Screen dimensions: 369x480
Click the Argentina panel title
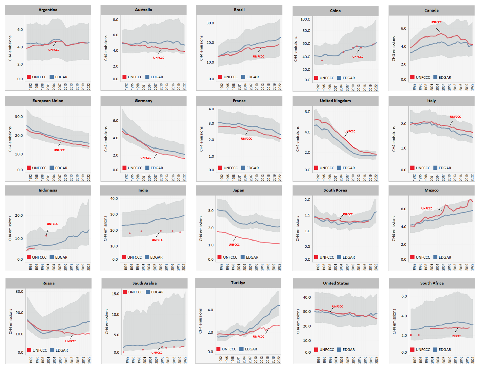(48, 10)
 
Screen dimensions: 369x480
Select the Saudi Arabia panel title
(144, 283)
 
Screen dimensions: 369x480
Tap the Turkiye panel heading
(238, 283)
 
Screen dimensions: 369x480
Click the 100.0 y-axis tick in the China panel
(305, 19)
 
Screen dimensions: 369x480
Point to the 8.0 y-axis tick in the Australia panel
(115, 20)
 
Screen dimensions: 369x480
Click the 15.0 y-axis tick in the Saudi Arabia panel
(115, 294)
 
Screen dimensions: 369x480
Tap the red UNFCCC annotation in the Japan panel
(234, 245)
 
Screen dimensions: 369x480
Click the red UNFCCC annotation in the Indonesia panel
(52, 224)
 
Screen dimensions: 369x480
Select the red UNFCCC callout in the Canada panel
(436, 22)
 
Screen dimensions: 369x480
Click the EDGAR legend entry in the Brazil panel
(250, 77)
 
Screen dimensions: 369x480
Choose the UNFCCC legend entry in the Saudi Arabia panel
(133, 292)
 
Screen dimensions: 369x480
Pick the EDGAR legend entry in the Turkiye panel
(248, 349)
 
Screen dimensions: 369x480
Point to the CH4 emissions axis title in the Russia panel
(10, 321)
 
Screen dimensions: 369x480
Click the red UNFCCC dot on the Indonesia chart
(46, 236)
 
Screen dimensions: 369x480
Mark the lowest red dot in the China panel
(322, 60)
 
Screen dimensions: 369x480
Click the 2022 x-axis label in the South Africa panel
(473, 360)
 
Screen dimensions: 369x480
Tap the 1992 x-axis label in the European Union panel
(30, 177)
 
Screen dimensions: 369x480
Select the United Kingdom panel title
(335, 101)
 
